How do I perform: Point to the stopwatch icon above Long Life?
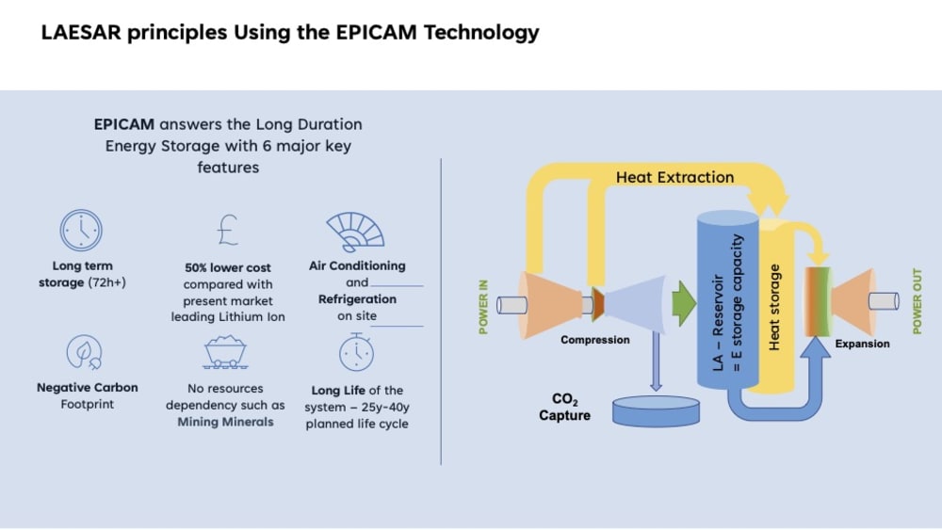point(355,351)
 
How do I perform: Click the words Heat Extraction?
point(674,177)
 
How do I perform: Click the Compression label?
point(594,340)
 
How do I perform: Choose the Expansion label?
point(862,344)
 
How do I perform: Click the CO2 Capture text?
point(564,408)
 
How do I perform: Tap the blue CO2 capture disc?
point(656,410)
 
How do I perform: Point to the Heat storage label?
point(775,307)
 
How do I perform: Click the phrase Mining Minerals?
point(225,422)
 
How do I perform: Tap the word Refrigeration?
point(357,299)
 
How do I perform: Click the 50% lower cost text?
point(228,267)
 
